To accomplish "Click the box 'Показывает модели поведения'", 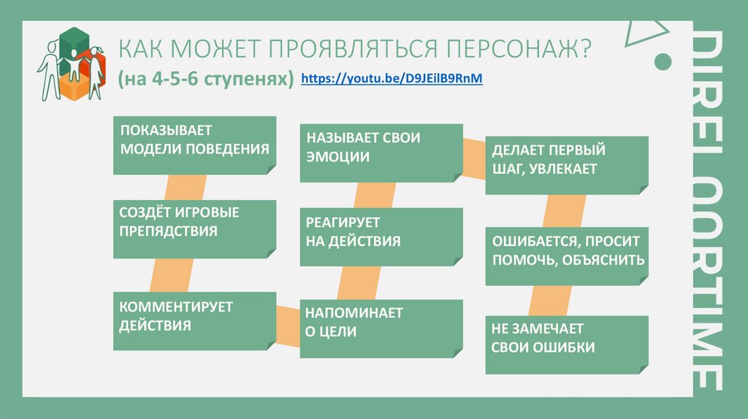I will [x=194, y=144].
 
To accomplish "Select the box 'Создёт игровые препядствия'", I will [x=194, y=228].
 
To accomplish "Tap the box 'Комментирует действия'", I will [x=194, y=321].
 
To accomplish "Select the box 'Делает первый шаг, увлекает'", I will [x=567, y=164].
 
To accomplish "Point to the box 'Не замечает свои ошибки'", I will [x=567, y=343].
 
